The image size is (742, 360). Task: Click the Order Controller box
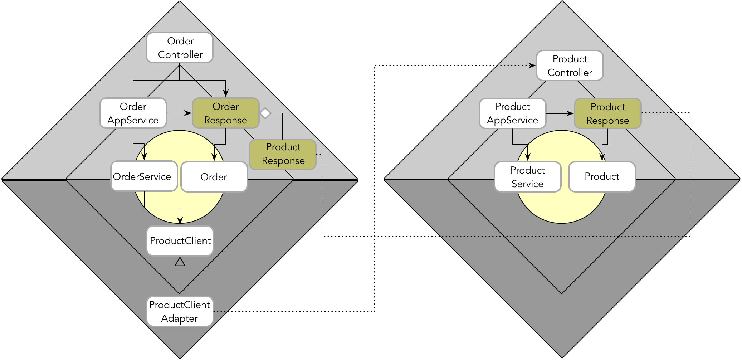pyautogui.click(x=180, y=48)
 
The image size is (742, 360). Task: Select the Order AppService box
pyautogui.click(x=133, y=113)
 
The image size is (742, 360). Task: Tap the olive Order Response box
pyautogui.click(x=225, y=113)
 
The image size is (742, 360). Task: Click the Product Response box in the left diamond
pyautogui.click(x=283, y=154)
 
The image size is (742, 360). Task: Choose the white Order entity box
pyautogui.click(x=214, y=177)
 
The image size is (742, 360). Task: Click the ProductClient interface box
pyautogui.click(x=180, y=240)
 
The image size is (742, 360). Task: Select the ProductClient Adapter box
pyautogui.click(x=180, y=311)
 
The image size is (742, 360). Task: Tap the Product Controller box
pyautogui.click(x=570, y=65)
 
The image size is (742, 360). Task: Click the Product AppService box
pyautogui.click(x=512, y=113)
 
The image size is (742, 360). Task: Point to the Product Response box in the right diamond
pyautogui.click(x=607, y=113)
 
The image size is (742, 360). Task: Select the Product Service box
pyautogui.click(x=527, y=177)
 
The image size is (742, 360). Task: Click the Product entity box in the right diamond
pyautogui.click(x=602, y=176)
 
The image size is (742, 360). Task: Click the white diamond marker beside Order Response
pyautogui.click(x=265, y=113)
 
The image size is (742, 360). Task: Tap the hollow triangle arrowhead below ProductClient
pyautogui.click(x=180, y=262)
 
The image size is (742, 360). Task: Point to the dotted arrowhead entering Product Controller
pyautogui.click(x=532, y=65)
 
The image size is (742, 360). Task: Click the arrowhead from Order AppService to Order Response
pyautogui.click(x=188, y=113)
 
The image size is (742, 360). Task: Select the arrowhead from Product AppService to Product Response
pyautogui.click(x=570, y=113)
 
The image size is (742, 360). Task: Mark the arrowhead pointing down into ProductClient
pyautogui.click(x=180, y=221)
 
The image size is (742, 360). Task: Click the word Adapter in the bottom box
pyautogui.click(x=179, y=318)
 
